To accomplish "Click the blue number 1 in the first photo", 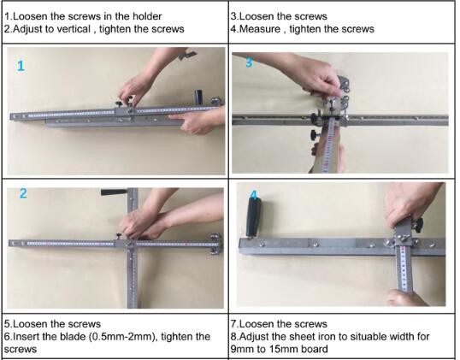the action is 21,66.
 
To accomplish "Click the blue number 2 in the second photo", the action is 23,193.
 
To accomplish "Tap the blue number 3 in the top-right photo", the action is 249,62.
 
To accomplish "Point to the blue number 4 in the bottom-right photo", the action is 254,194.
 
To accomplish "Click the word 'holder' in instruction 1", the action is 147,16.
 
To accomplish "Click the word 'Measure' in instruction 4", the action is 260,29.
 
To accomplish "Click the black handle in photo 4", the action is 254,217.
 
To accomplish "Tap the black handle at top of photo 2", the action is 115,192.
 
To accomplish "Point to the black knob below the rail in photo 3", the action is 315,135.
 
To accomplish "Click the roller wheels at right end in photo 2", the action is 215,244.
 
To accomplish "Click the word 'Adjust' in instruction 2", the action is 28,29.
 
